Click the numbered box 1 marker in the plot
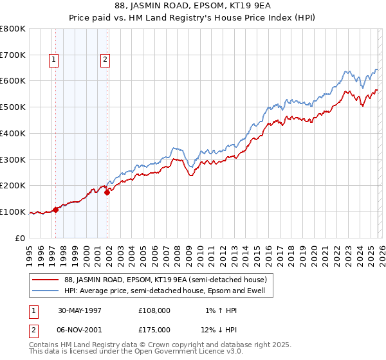coord(54,60)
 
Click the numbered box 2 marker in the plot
coord(105,60)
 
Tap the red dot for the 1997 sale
coord(56,210)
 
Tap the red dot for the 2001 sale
coord(107,192)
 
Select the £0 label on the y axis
coord(21,238)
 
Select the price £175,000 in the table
coord(154,330)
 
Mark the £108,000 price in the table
coord(154,310)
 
